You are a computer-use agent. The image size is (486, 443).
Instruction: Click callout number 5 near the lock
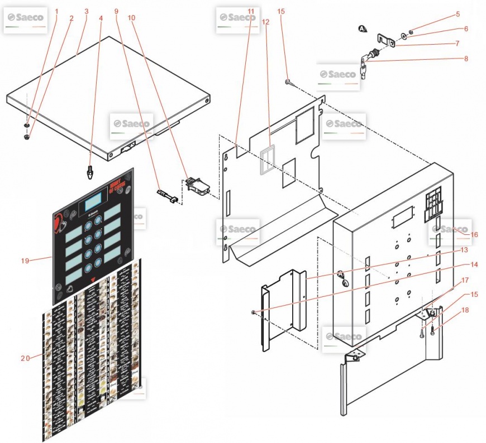[x=458, y=14]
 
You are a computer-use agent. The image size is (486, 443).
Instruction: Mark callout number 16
[x=474, y=235]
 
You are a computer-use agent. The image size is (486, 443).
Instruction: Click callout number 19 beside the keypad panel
[x=25, y=260]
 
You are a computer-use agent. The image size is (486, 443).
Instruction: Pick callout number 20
[x=25, y=358]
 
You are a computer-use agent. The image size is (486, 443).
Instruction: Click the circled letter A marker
[x=363, y=28]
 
